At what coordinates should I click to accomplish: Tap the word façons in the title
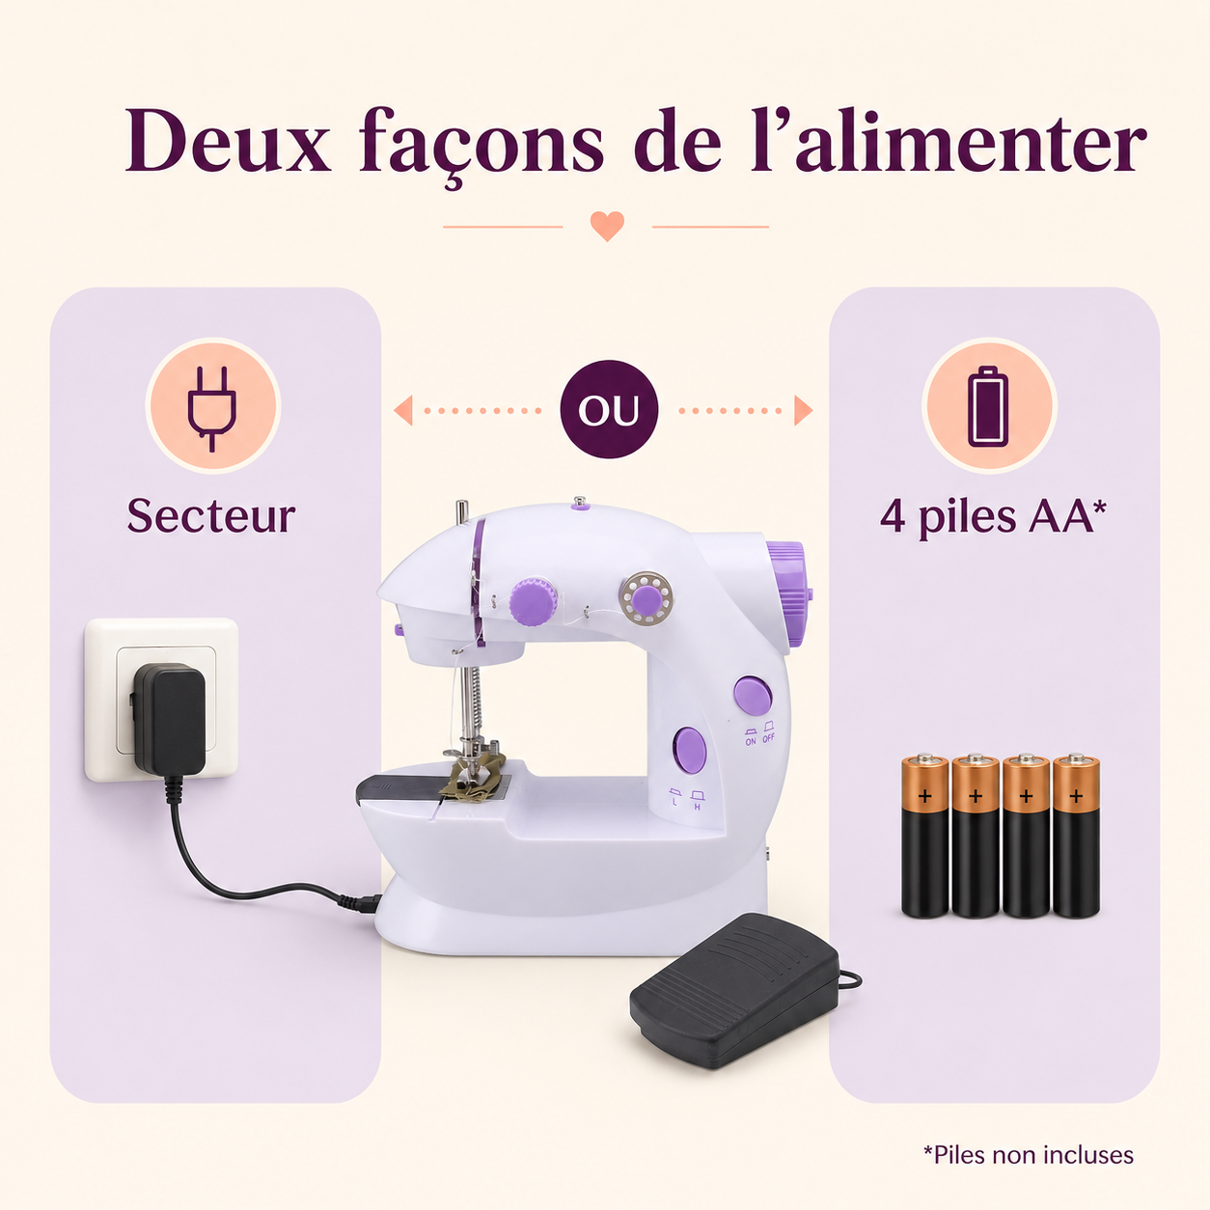click(x=481, y=147)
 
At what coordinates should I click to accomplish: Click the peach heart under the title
click(x=607, y=226)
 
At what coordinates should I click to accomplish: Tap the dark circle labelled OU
click(x=609, y=409)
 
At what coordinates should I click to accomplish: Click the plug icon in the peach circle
click(x=212, y=408)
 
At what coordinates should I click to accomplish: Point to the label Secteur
click(x=211, y=516)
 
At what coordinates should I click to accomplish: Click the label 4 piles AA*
click(x=993, y=517)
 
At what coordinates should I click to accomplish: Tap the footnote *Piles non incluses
click(x=1029, y=1155)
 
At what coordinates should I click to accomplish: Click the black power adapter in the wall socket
click(x=168, y=720)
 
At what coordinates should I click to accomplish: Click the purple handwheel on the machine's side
click(x=788, y=594)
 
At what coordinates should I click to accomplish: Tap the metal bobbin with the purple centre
click(x=646, y=598)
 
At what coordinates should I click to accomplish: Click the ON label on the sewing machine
click(x=751, y=742)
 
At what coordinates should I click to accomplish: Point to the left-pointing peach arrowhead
click(x=403, y=410)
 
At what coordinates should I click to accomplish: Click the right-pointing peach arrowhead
click(x=804, y=410)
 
